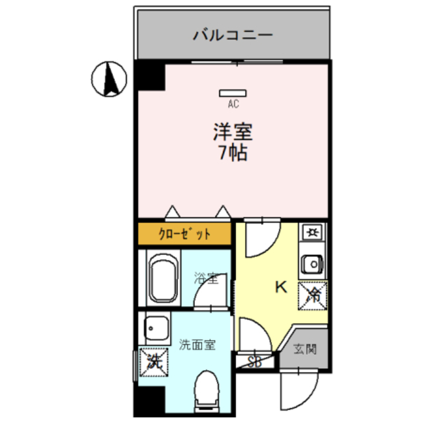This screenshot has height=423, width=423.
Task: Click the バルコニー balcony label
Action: click(233, 34)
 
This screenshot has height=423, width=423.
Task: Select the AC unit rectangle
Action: click(233, 93)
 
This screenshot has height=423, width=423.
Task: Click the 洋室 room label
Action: click(233, 131)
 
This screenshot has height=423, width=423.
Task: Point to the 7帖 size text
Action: click(233, 153)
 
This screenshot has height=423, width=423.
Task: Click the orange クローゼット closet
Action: click(184, 233)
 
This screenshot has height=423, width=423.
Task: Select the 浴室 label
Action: click(206, 278)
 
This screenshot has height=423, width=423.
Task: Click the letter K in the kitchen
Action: click(280, 288)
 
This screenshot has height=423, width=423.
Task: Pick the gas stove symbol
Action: click(311, 232)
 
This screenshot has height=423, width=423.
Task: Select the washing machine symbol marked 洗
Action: click(154, 361)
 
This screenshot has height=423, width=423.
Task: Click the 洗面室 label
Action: click(196, 344)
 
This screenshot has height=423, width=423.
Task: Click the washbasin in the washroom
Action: click(156, 327)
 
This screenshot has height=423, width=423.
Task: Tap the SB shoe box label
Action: click(254, 362)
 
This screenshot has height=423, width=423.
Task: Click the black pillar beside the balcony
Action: click(150, 75)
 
